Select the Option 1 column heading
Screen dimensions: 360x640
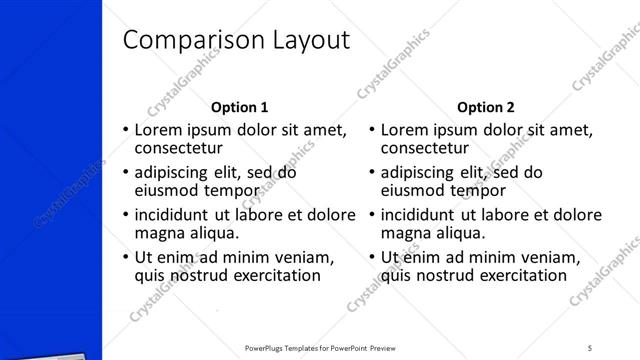[x=240, y=107]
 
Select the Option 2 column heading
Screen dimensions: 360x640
[x=486, y=107]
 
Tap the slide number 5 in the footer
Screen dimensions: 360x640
[x=591, y=348]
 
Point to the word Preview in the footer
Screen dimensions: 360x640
[x=393, y=348]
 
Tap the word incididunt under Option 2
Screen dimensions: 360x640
[x=417, y=215]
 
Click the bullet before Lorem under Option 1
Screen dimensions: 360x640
[x=125, y=130]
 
